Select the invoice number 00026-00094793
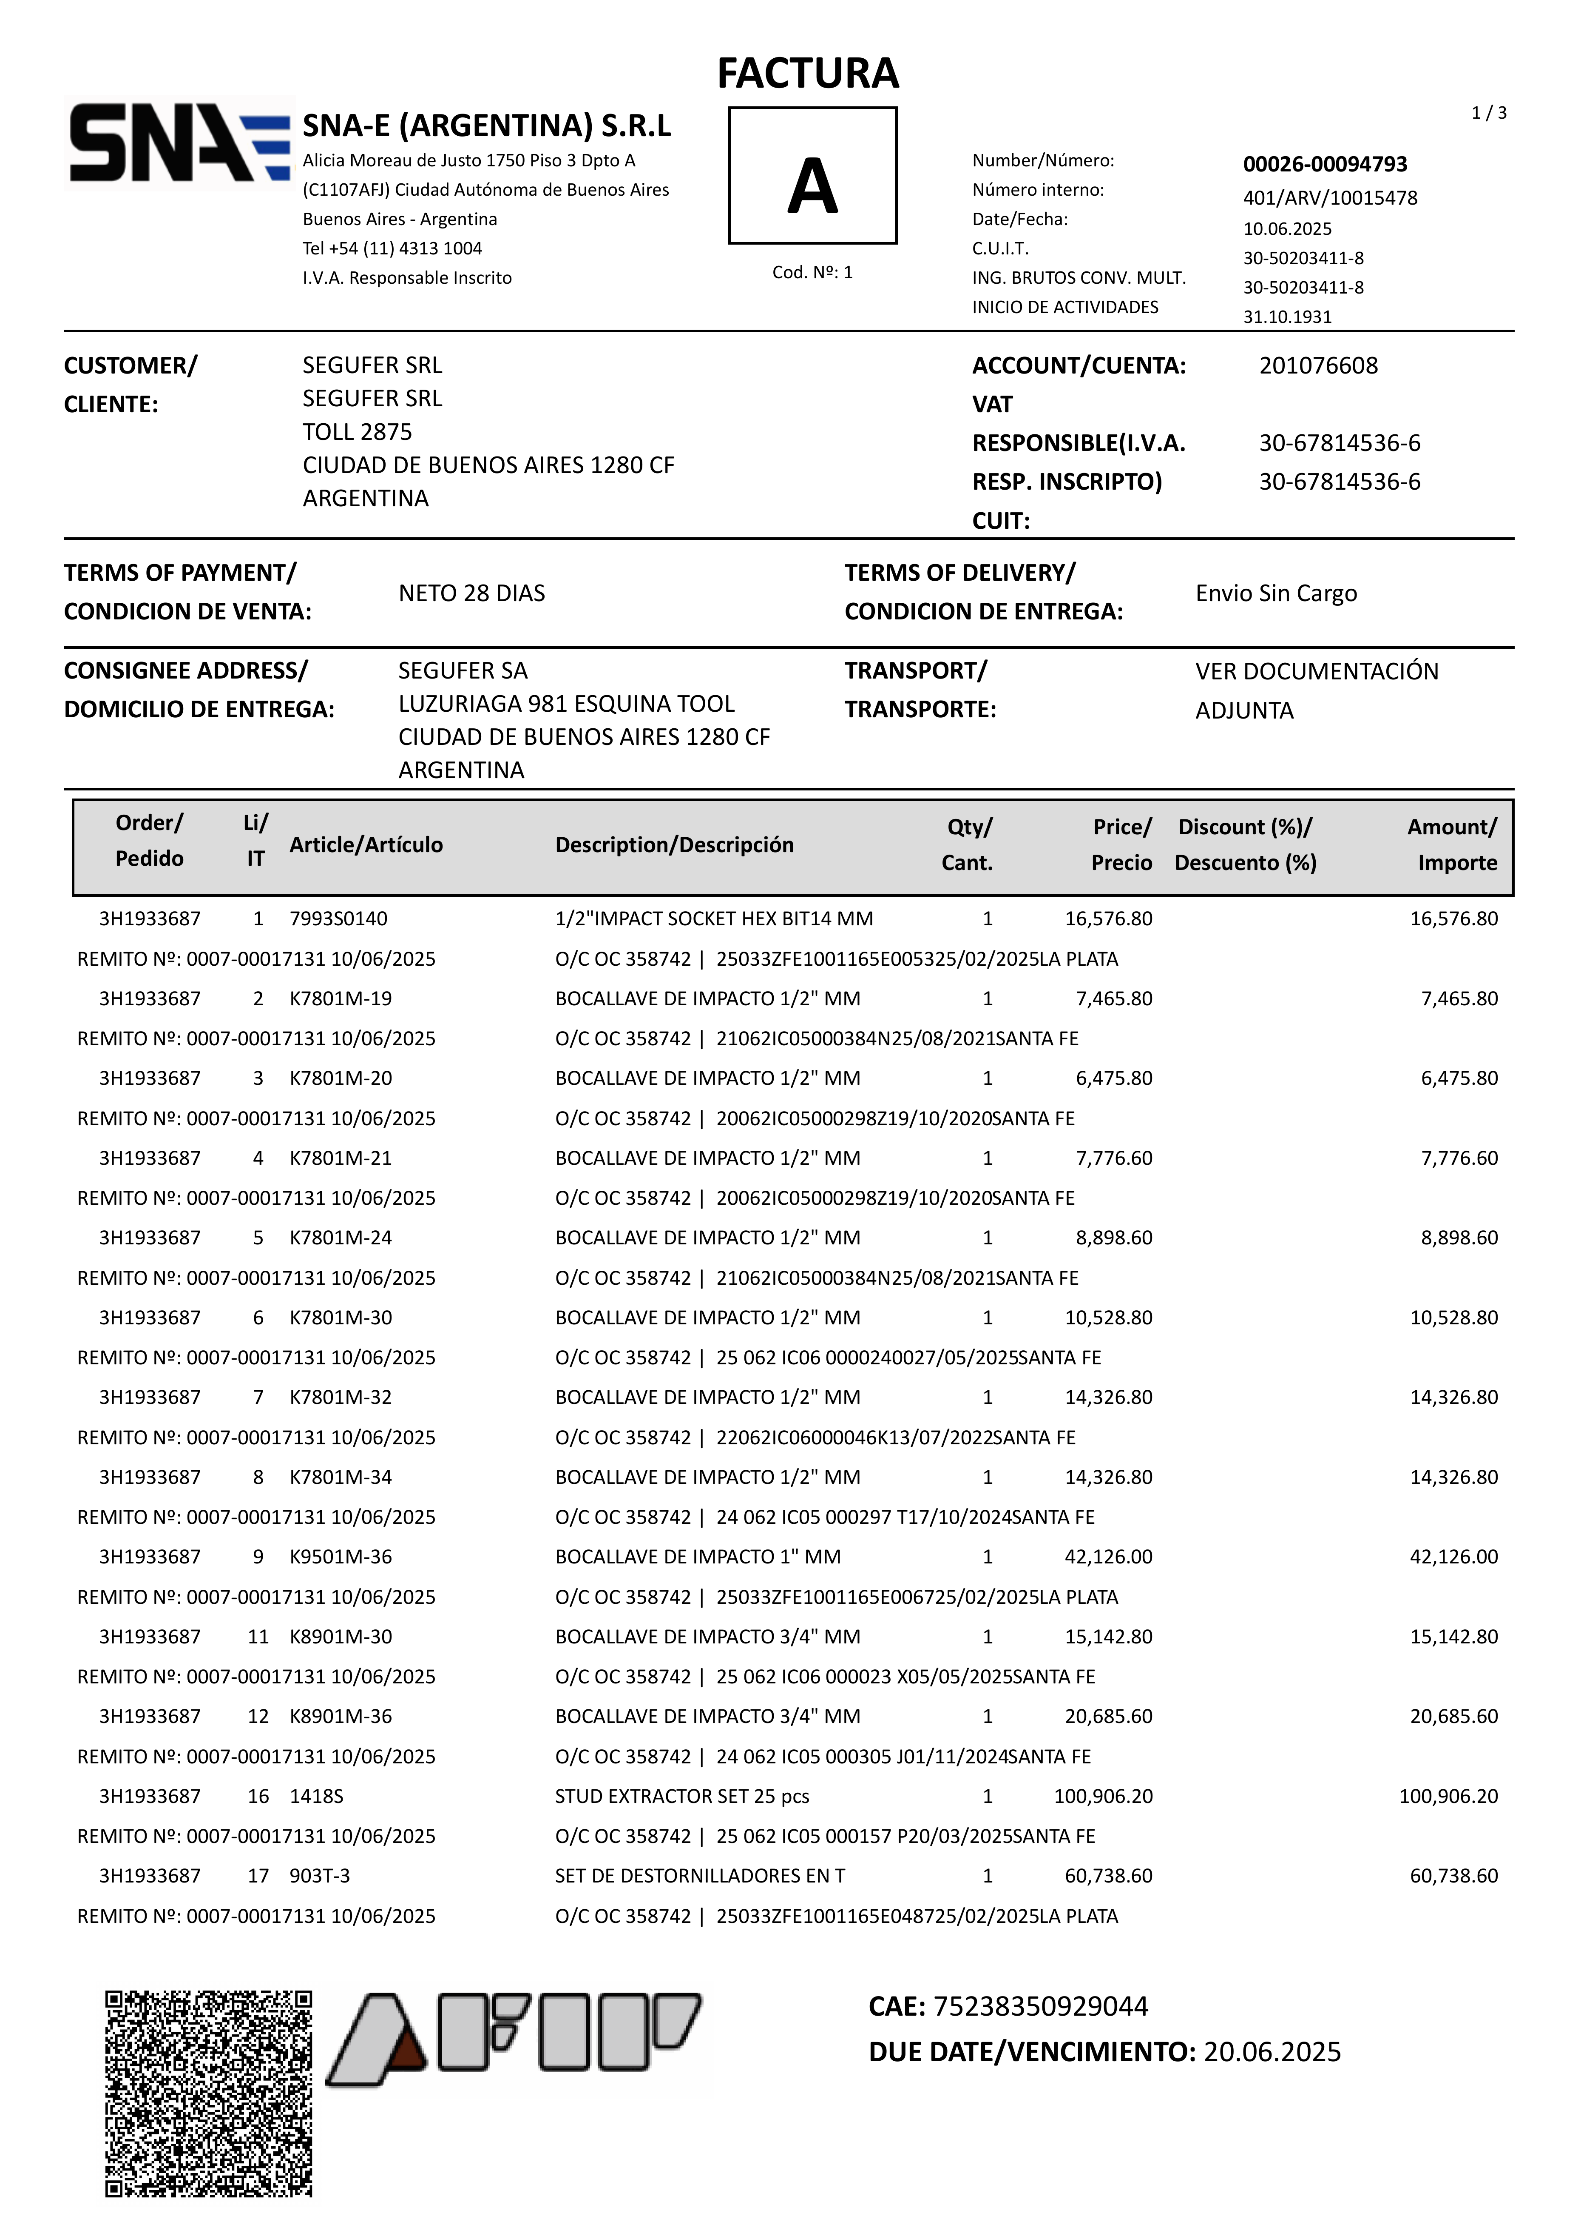[x=1325, y=164]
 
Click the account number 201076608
[x=1318, y=366]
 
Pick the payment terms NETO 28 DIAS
[x=472, y=593]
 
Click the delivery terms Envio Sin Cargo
[x=1276, y=593]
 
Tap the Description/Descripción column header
[x=675, y=844]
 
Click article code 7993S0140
[x=338, y=918]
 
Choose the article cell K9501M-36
[x=340, y=1556]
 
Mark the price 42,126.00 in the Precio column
[x=1108, y=1556]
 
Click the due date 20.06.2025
[x=1272, y=2052]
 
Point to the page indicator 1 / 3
[x=1488, y=113]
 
